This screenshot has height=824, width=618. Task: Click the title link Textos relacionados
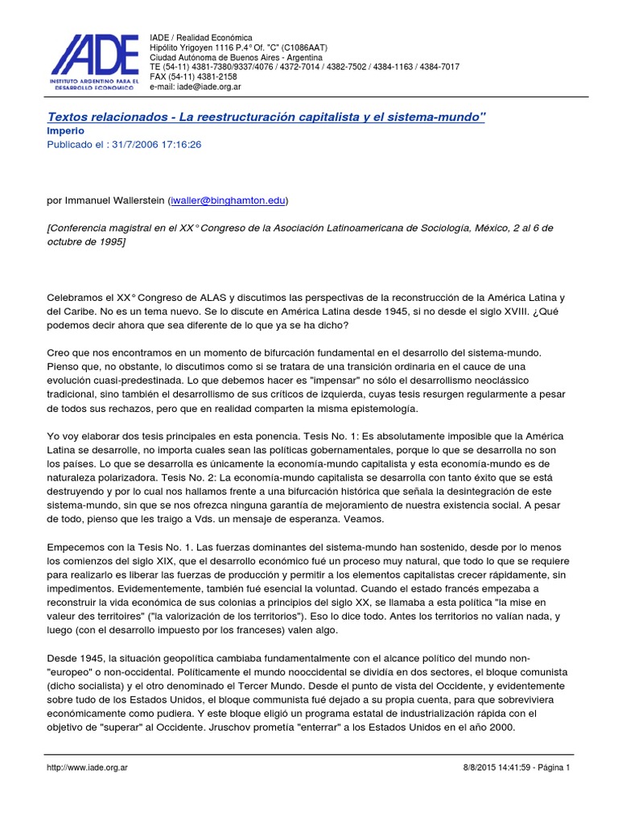coord(266,117)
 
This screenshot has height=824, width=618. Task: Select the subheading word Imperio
coord(67,131)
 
